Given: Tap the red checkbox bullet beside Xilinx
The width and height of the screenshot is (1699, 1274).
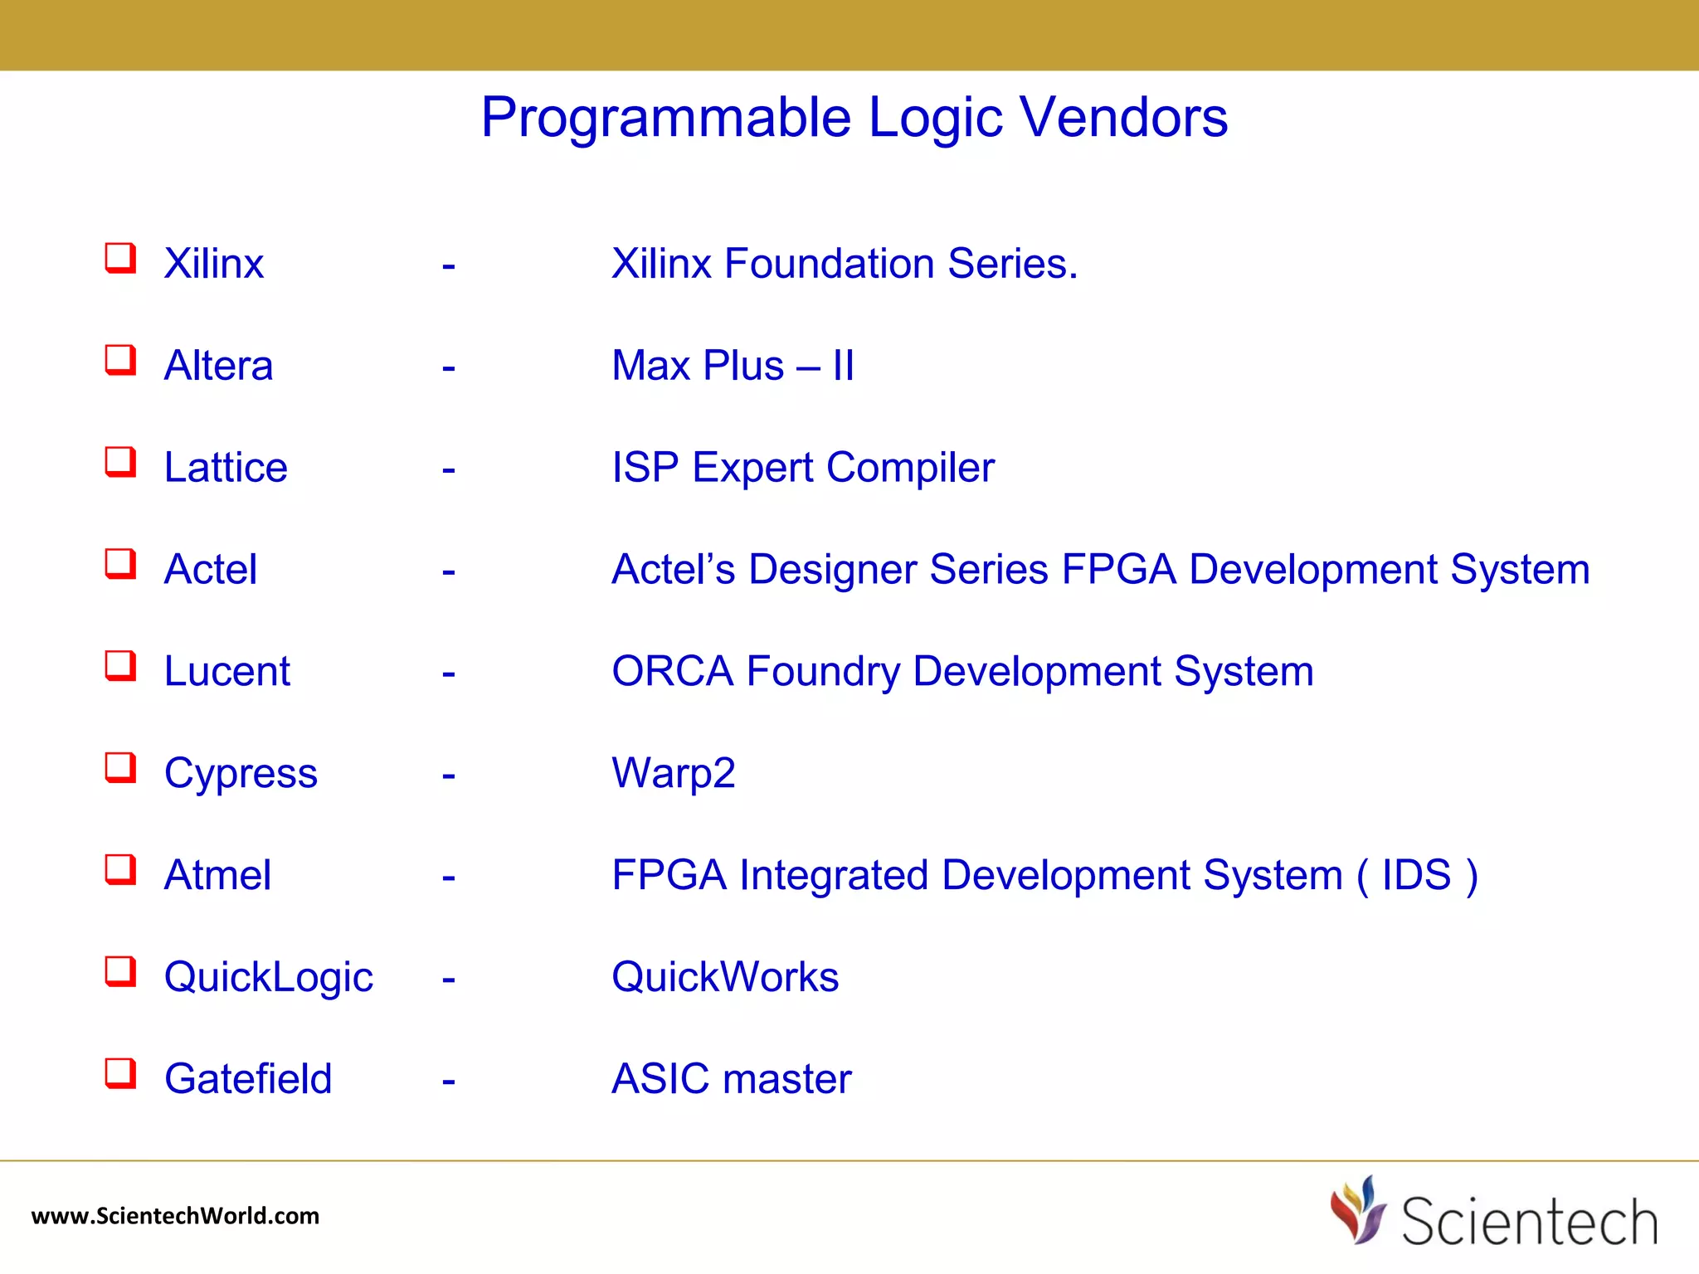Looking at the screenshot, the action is (120, 258).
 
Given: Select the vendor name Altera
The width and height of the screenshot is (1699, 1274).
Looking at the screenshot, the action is (218, 366).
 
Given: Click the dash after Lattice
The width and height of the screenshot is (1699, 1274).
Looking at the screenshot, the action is (449, 470).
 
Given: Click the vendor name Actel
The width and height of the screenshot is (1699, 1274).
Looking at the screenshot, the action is (211, 570).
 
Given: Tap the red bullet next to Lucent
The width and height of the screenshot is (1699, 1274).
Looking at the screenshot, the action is (120, 665).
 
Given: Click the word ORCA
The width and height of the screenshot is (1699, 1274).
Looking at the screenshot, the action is (673, 671).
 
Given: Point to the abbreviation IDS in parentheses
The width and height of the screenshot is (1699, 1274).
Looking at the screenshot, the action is (1417, 875).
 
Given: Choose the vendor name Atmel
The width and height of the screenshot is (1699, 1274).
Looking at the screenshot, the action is (217, 875).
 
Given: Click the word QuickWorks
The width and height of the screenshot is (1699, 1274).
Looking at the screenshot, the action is (725, 977).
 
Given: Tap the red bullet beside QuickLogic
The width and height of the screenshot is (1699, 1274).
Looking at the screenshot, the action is (120, 971).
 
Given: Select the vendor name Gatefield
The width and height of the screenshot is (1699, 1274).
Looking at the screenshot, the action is (248, 1079).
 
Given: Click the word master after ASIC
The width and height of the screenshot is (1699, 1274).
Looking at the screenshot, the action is (787, 1079).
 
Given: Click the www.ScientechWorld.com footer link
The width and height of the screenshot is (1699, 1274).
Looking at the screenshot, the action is (175, 1216).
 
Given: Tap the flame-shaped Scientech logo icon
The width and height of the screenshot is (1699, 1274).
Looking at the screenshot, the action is (1358, 1210).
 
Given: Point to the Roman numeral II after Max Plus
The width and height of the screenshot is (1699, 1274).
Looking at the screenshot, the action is (844, 366).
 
